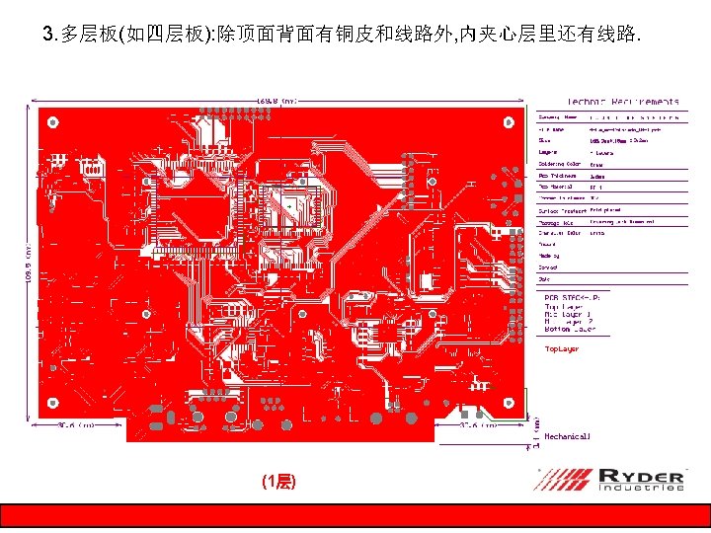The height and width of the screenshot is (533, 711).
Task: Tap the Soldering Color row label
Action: click(x=559, y=164)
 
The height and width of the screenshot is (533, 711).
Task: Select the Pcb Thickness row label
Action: click(x=557, y=176)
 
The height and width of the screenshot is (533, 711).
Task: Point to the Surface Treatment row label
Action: click(x=560, y=210)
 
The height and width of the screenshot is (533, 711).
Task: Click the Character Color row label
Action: click(x=558, y=234)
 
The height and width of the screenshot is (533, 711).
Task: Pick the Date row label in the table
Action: click(x=544, y=280)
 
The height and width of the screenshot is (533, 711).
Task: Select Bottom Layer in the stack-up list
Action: click(x=571, y=329)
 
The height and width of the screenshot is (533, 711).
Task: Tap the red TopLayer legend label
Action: click(x=562, y=348)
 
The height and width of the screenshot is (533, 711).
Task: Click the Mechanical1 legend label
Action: click(x=568, y=435)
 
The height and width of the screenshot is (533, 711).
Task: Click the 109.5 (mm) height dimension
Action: click(x=29, y=262)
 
